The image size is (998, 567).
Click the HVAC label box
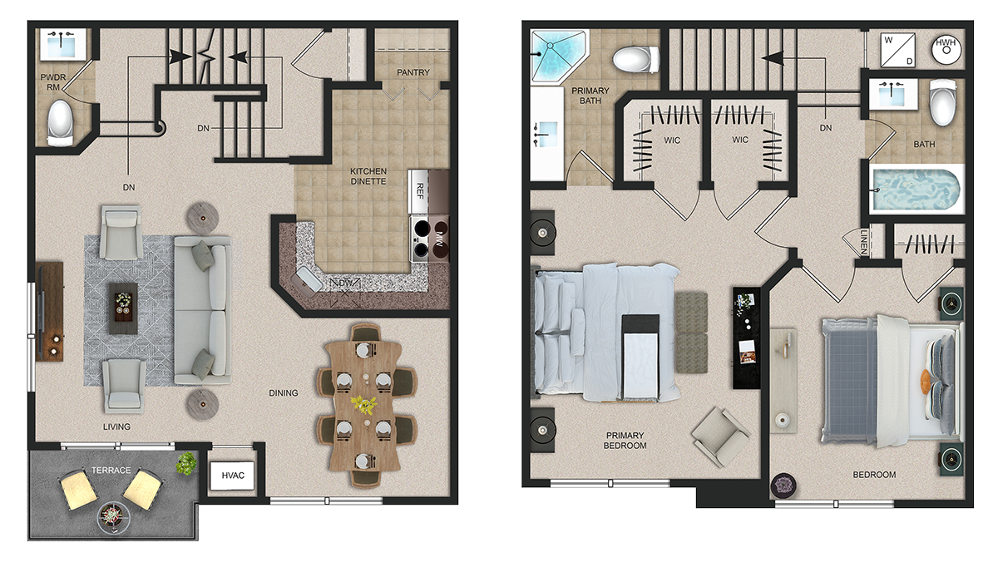(233, 476)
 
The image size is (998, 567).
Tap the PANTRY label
(413, 72)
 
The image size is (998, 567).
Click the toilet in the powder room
(60, 123)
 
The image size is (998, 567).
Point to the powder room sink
(63, 44)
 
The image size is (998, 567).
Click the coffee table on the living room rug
(123, 308)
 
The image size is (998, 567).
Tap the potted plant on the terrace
(186, 463)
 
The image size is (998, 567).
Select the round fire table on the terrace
(114, 518)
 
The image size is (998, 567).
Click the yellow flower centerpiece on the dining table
(363, 404)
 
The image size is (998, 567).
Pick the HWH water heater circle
(946, 49)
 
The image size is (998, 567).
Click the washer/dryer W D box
(898, 50)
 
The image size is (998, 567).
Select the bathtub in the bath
(916, 190)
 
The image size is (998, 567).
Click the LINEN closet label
(864, 243)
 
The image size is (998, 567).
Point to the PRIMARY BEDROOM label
(625, 440)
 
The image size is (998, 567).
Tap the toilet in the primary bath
(636, 59)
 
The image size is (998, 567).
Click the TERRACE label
(111, 471)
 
